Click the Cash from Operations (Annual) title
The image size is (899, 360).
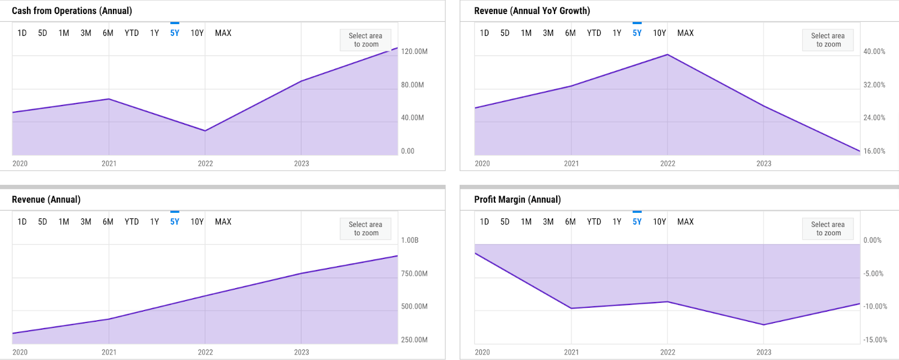coord(72,11)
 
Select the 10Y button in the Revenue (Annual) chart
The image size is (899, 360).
coord(197,222)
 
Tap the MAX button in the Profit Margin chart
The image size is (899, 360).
coord(685,222)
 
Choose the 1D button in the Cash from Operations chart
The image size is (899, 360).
coord(22,33)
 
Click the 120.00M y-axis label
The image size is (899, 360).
coord(414,52)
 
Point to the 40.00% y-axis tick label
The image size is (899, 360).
coord(874,52)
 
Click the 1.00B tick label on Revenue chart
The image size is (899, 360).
coord(410,240)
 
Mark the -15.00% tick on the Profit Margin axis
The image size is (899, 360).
coord(875,340)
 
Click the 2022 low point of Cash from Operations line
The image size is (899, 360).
coord(205,131)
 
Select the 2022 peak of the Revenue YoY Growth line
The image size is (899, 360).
coord(668,54)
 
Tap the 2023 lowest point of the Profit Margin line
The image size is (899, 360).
coord(764,325)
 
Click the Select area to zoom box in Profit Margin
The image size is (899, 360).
coord(828,229)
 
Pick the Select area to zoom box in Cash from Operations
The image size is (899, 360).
coord(365,40)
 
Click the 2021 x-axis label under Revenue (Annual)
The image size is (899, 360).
coord(109,352)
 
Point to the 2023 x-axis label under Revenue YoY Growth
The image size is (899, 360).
coord(764,163)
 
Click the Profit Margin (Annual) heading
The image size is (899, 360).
coord(517,199)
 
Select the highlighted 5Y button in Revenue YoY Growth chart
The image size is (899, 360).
coord(637,33)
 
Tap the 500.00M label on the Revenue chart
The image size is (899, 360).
coord(414,307)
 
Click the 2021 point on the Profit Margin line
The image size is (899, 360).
coord(571,308)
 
